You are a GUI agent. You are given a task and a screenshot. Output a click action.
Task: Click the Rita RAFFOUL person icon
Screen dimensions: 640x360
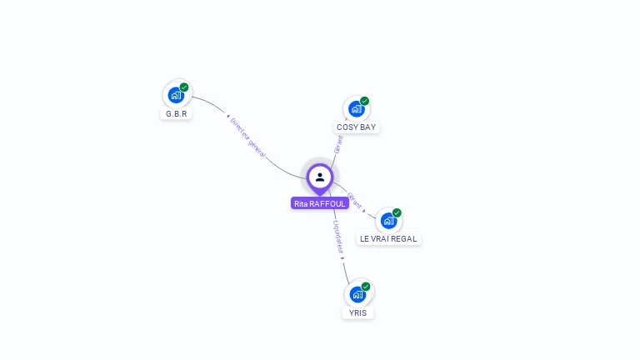tap(320, 177)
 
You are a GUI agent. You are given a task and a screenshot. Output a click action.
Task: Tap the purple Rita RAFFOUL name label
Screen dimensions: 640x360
tap(320, 203)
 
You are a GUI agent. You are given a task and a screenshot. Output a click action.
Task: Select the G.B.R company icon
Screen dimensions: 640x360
tap(176, 95)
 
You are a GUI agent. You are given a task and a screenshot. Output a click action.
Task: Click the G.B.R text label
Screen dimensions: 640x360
tap(176, 113)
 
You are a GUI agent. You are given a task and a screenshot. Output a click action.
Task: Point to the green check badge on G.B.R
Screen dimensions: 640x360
tap(184, 87)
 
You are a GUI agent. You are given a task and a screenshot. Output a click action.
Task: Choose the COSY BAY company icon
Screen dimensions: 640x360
tap(357, 109)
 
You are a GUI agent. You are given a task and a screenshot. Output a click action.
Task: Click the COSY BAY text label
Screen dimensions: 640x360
tap(356, 127)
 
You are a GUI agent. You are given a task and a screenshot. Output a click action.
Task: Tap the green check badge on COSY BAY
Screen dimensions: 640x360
tap(364, 101)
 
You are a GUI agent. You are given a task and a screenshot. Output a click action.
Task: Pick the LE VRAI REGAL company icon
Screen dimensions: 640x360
tap(388, 221)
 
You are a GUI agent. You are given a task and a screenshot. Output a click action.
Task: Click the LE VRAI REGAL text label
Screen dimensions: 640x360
tap(388, 239)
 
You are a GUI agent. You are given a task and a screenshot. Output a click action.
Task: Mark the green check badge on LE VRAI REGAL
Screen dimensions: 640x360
tap(397, 212)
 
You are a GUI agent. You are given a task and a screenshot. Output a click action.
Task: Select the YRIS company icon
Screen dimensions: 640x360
tap(357, 294)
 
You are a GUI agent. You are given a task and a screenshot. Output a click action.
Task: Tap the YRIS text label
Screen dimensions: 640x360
tap(357, 312)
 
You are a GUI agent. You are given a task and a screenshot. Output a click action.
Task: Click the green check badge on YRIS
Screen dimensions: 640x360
tap(366, 287)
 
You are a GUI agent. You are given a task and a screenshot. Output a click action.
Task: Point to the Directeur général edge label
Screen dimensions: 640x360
tap(247, 137)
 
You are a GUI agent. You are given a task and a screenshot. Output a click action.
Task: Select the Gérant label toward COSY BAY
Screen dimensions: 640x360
tap(338, 144)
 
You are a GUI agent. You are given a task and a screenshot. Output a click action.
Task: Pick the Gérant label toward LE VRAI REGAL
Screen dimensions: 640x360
tap(354, 201)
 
